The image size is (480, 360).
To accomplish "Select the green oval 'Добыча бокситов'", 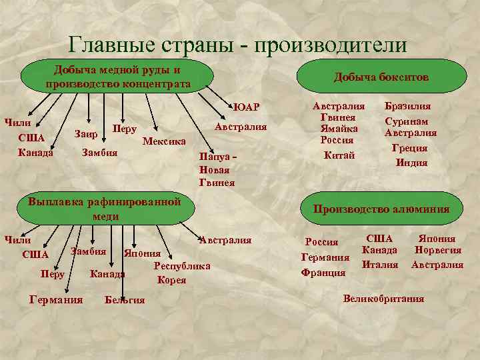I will coord(381,78).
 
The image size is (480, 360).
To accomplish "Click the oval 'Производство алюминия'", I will coord(381,209).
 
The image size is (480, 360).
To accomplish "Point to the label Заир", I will coord(87,135).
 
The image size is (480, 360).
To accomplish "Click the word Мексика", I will coord(164,141).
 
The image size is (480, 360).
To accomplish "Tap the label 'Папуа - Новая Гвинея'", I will coord(218,170).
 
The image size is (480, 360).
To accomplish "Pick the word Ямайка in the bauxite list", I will coord(339,129).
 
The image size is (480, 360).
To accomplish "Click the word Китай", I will coord(339,155).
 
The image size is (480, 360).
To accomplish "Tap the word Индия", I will coord(411,162).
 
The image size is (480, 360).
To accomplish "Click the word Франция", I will coord(323,272).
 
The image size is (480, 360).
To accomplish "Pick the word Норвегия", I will coord(437,251).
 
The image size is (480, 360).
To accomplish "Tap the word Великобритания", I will coord(383,299).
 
